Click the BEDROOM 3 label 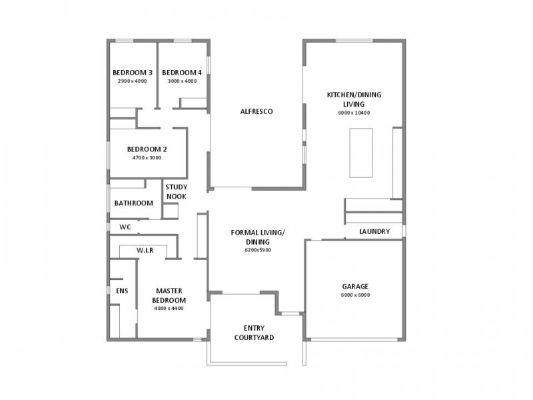[132, 73]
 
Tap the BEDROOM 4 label [182, 73]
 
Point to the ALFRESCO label [257, 111]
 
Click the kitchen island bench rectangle [361, 153]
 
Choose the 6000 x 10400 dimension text [354, 113]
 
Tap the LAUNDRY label [374, 232]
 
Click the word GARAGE [355, 287]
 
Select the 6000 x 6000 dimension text [355, 295]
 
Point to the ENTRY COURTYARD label [254, 333]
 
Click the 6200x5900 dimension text [258, 250]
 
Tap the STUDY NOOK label [176, 192]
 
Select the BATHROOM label [134, 203]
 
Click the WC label [125, 227]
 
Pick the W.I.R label [145, 251]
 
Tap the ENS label [122, 291]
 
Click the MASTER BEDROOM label [169, 295]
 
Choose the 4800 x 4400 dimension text [169, 309]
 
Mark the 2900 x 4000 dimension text [132, 81]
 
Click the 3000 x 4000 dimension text [182, 81]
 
